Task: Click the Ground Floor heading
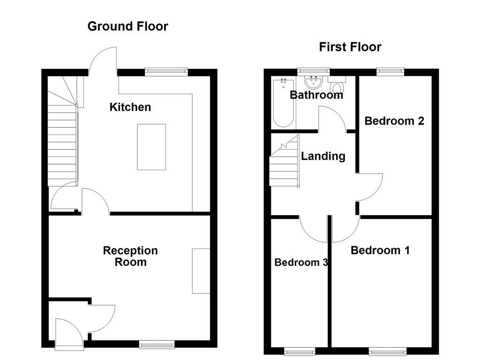[x=127, y=26]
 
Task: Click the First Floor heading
[x=350, y=47]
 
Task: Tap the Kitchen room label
[x=130, y=107]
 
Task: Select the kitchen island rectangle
[x=151, y=147]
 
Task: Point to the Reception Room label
[x=130, y=256]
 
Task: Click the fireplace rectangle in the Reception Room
[x=201, y=271]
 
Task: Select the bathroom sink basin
[x=313, y=83]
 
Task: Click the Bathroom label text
[x=316, y=95]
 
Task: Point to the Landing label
[x=323, y=156]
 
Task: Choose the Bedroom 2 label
[x=394, y=121]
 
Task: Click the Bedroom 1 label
[x=380, y=250]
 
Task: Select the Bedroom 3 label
[x=300, y=262]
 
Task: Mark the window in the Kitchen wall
[x=166, y=72]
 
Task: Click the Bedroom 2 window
[x=390, y=72]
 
